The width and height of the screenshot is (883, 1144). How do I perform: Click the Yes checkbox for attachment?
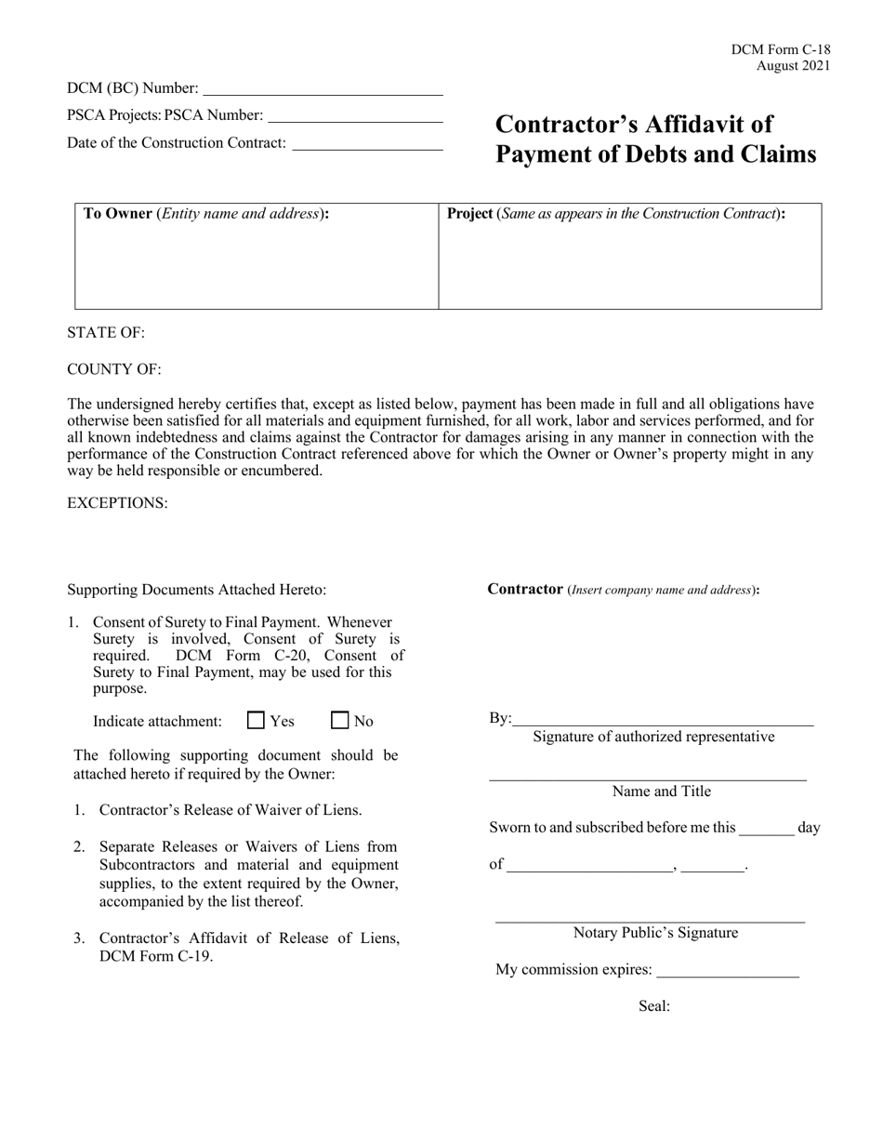pos(257,720)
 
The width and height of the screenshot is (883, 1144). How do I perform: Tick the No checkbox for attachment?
pos(340,720)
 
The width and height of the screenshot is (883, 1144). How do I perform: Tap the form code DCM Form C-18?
pos(781,50)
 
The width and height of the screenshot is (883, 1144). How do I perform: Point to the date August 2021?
pos(793,66)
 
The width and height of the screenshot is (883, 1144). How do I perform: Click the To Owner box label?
pos(117,213)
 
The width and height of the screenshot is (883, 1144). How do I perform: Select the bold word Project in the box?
pos(470,213)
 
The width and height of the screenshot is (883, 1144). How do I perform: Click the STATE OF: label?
pos(106,333)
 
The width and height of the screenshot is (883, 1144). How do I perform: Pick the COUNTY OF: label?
pos(114,369)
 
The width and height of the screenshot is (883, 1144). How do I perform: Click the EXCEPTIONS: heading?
pos(117,503)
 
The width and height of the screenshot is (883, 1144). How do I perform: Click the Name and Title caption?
pos(661,791)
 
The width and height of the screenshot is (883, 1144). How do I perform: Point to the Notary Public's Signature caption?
pos(655,933)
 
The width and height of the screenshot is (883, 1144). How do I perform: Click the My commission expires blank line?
pos(727,975)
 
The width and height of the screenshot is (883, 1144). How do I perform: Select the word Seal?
pos(654,1006)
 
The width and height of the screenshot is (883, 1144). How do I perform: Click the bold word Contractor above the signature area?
pos(525,589)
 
